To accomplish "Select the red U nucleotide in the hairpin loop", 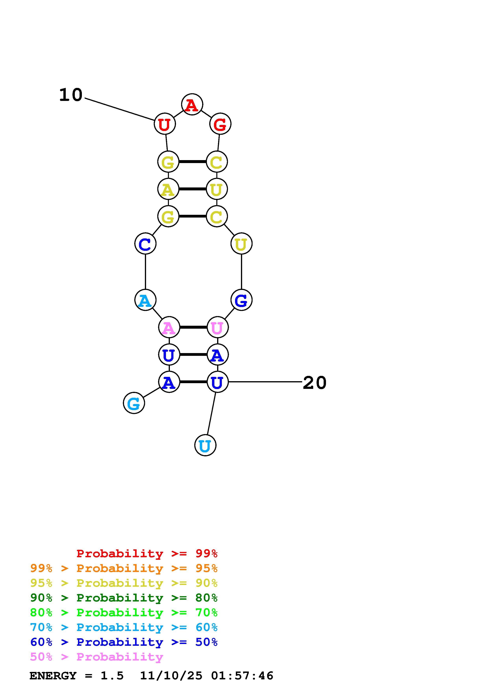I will tap(164, 124).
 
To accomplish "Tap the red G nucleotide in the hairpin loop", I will tap(220, 124).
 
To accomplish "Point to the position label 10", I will tap(71, 95).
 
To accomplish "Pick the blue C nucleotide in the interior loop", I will tap(145, 244).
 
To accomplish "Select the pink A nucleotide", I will tap(169, 327).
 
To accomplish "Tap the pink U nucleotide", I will tap(217, 327).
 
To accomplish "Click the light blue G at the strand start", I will tap(134, 403).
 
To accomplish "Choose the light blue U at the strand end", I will tap(205, 445).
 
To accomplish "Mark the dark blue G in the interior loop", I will tap(241, 300).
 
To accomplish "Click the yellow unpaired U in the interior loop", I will tap(241, 244).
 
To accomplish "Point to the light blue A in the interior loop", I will tap(145, 300).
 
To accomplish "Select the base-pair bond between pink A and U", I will tap(193, 327).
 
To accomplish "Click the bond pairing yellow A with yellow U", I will tap(193, 189).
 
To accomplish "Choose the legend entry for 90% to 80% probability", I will tap(124, 598).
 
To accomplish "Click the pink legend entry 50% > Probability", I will tap(96, 657).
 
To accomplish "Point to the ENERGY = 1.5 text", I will tap(76, 676).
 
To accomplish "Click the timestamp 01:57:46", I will tap(242, 676).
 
